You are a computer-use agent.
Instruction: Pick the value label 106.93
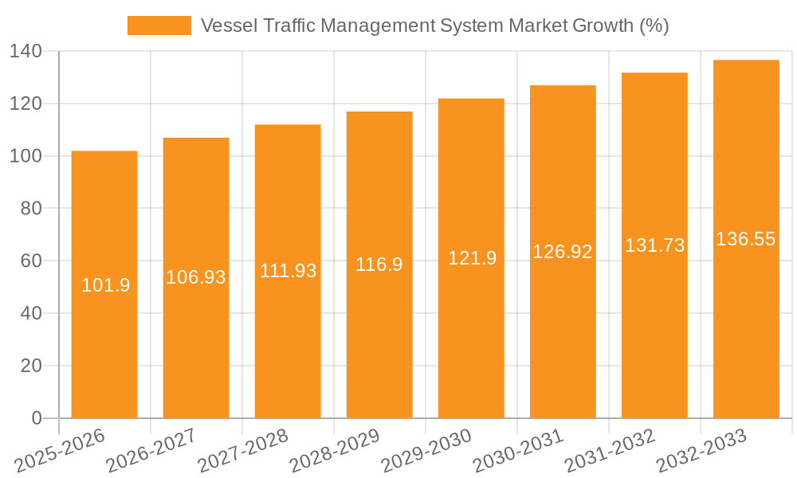click(x=196, y=277)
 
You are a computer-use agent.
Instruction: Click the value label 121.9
click(x=472, y=258)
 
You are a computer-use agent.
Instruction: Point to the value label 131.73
click(x=654, y=245)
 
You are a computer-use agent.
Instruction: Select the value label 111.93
click(x=288, y=271)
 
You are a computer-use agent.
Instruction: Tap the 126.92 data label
click(x=563, y=252)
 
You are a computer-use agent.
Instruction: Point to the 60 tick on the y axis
click(x=31, y=261)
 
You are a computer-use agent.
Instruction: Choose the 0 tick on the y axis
click(x=36, y=418)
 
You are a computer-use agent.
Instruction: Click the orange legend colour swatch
click(x=159, y=25)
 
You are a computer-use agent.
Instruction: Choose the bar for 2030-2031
click(x=563, y=335)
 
